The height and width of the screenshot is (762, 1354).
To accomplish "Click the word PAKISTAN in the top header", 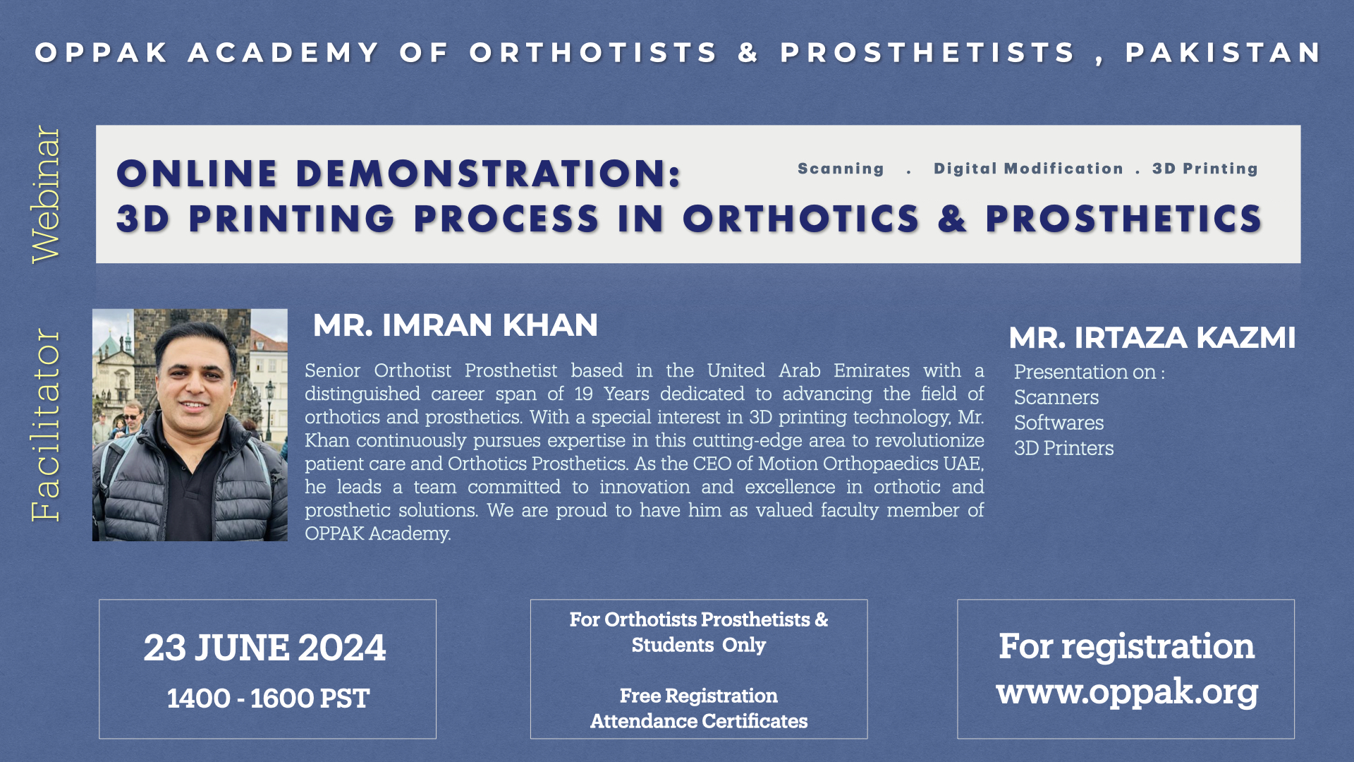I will coord(1223,53).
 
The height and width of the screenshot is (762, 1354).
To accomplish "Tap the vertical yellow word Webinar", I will coord(47,195).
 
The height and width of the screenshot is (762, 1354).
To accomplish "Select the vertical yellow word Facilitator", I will coord(47,425).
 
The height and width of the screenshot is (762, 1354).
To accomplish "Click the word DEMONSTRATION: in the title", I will coord(489,174).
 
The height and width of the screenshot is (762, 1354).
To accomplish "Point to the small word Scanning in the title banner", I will coord(841,169).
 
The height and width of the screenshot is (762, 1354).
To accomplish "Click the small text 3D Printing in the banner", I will coord(1204,169).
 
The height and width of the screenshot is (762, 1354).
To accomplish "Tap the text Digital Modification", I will coord(1028,169).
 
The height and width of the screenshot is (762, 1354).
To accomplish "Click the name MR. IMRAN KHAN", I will coord(455,325).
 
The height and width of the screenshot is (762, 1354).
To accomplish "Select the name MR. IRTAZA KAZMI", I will coord(1152,338).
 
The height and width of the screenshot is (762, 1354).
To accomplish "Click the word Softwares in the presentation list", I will coord(1059,423).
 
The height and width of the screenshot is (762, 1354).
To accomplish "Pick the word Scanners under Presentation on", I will coord(1056,397).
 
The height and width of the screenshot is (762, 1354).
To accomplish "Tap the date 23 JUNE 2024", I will coord(265,648).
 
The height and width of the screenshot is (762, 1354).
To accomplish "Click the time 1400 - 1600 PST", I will coord(268,698).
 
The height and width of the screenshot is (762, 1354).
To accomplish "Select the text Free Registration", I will coord(698,696).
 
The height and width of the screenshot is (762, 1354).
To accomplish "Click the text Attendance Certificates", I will coord(698,721).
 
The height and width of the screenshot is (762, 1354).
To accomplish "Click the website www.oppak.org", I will coord(1126,691).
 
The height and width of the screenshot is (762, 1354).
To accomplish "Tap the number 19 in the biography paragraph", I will coord(583,394).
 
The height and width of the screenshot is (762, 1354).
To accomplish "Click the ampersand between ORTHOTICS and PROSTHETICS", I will coord(952,219).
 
